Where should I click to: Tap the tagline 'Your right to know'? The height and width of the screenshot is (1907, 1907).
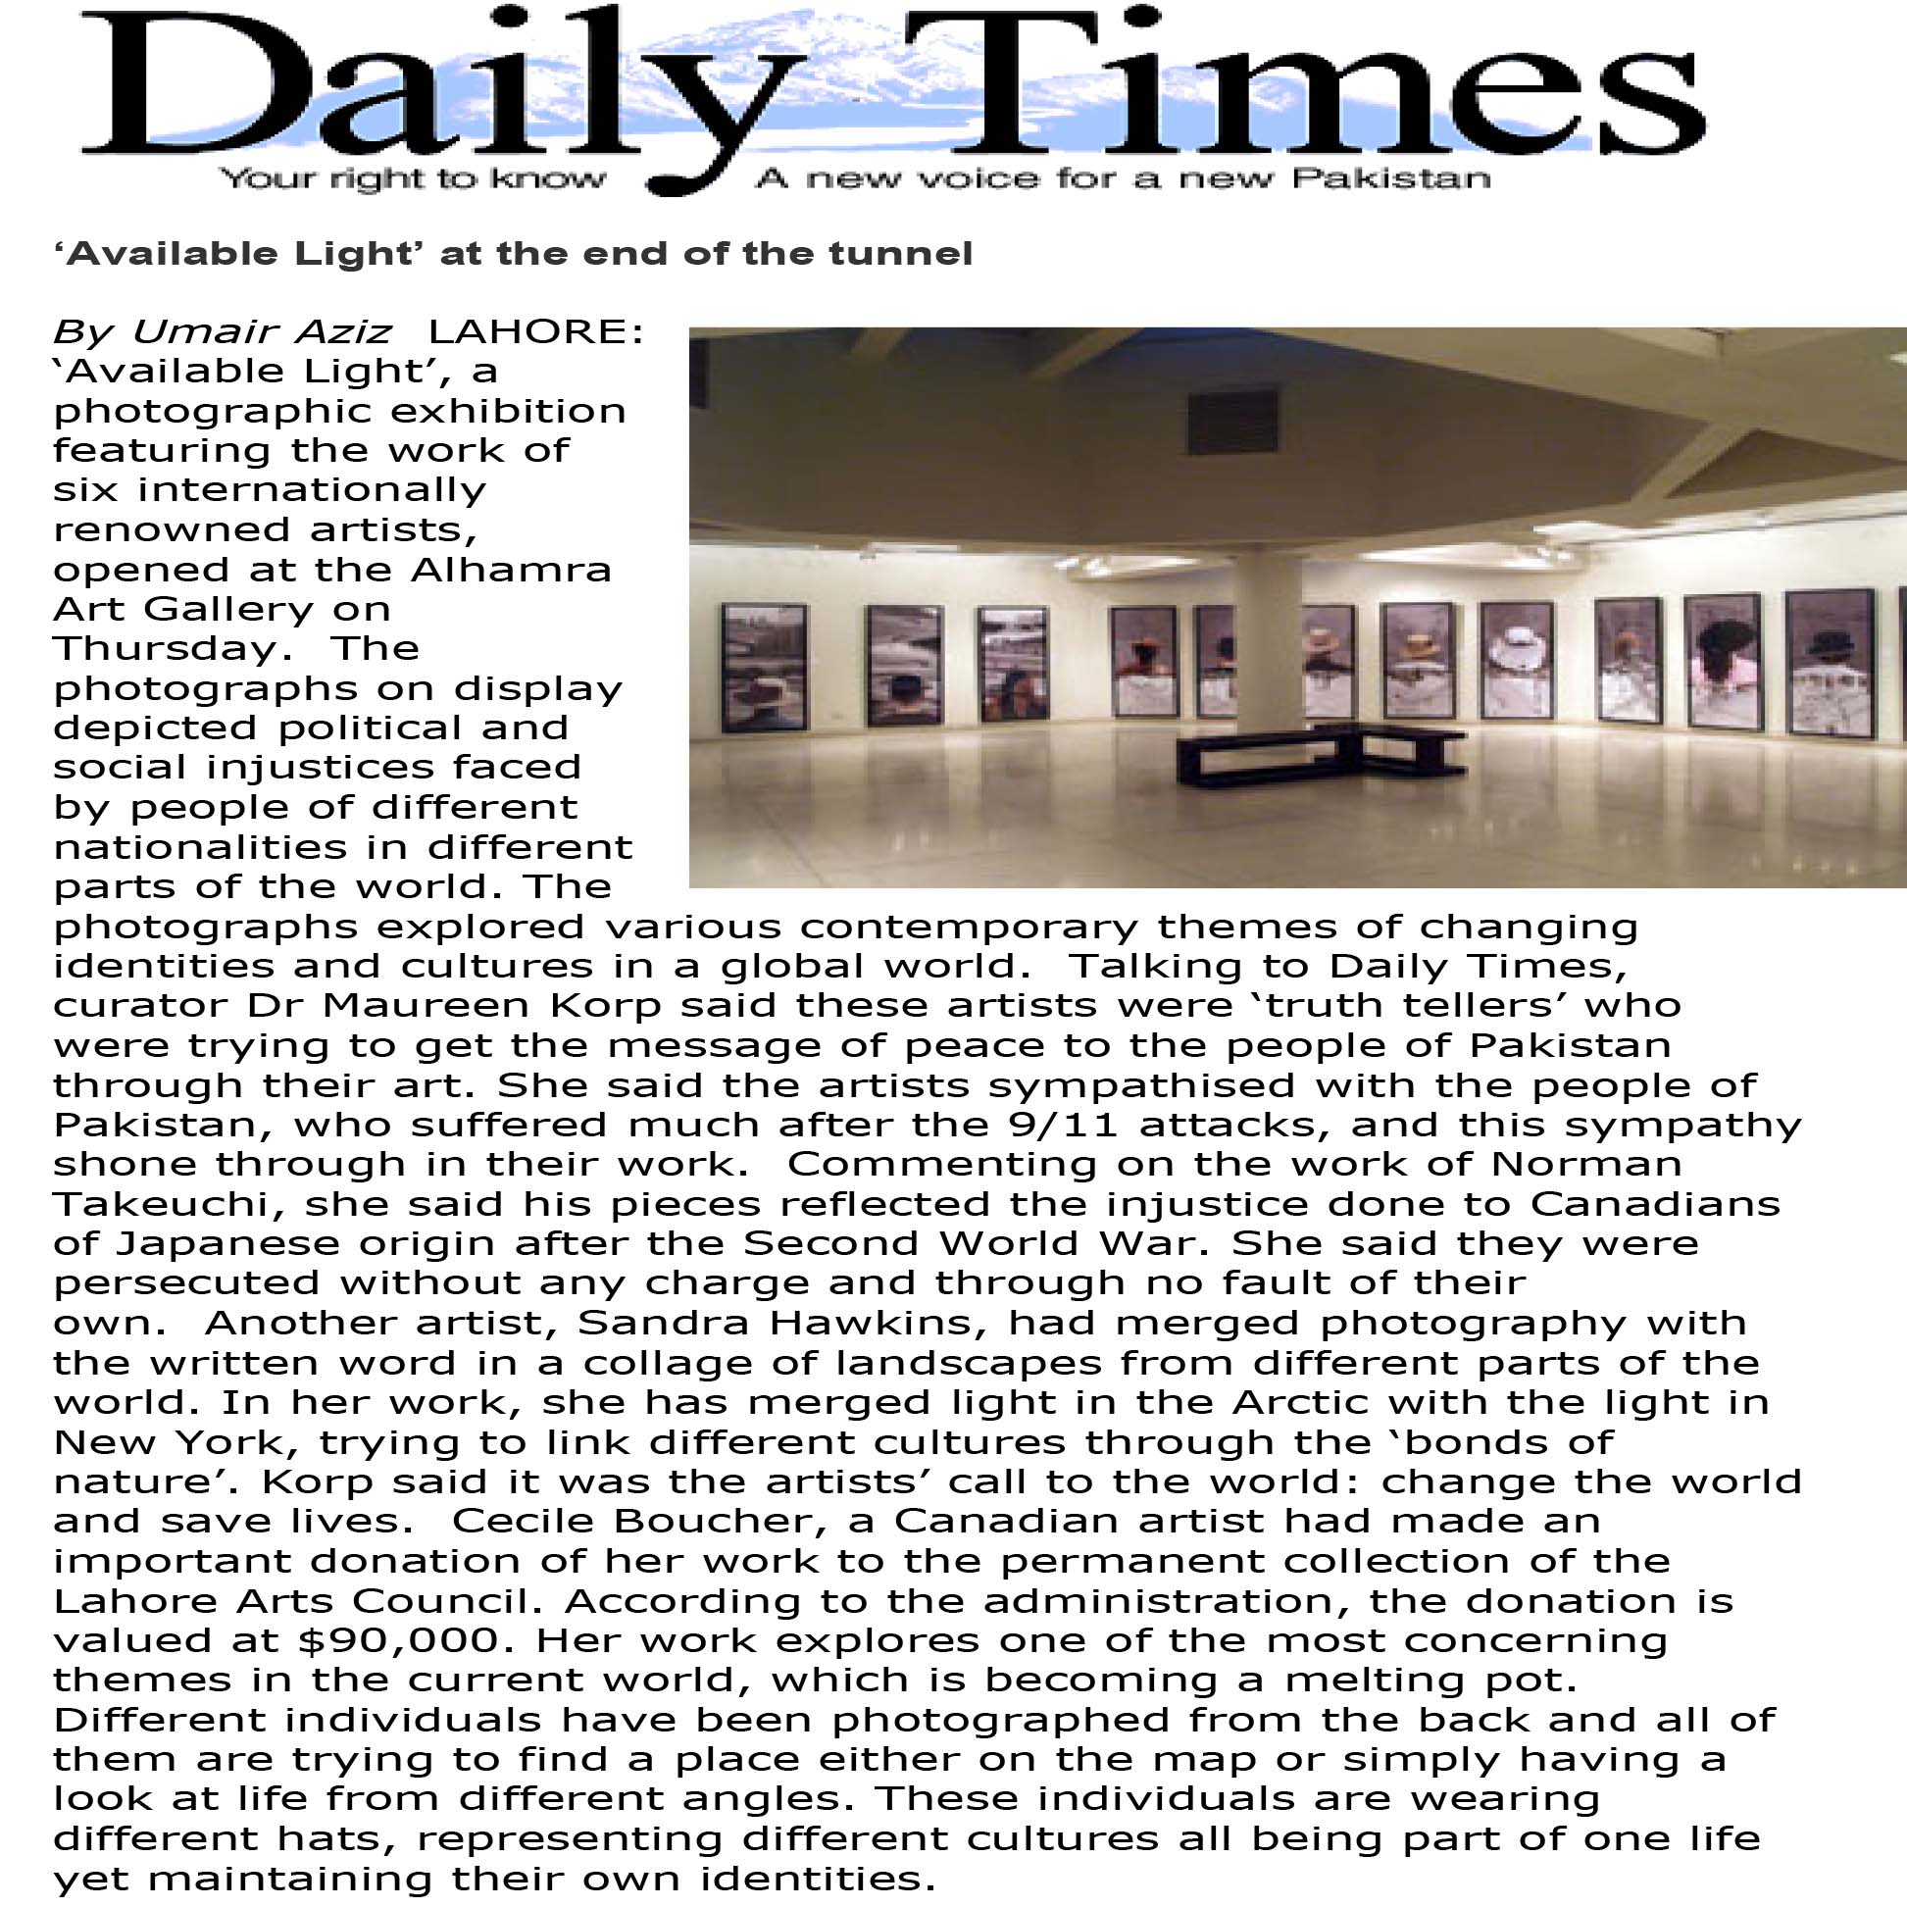pos(412,178)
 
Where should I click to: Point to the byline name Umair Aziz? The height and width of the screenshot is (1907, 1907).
pos(261,331)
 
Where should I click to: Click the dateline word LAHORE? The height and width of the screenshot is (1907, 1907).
pos(535,331)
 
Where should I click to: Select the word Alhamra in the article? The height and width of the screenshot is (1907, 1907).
pos(511,570)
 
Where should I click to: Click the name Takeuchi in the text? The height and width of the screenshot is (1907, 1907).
pos(161,1204)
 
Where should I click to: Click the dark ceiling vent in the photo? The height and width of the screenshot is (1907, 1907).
pos(1232,422)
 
